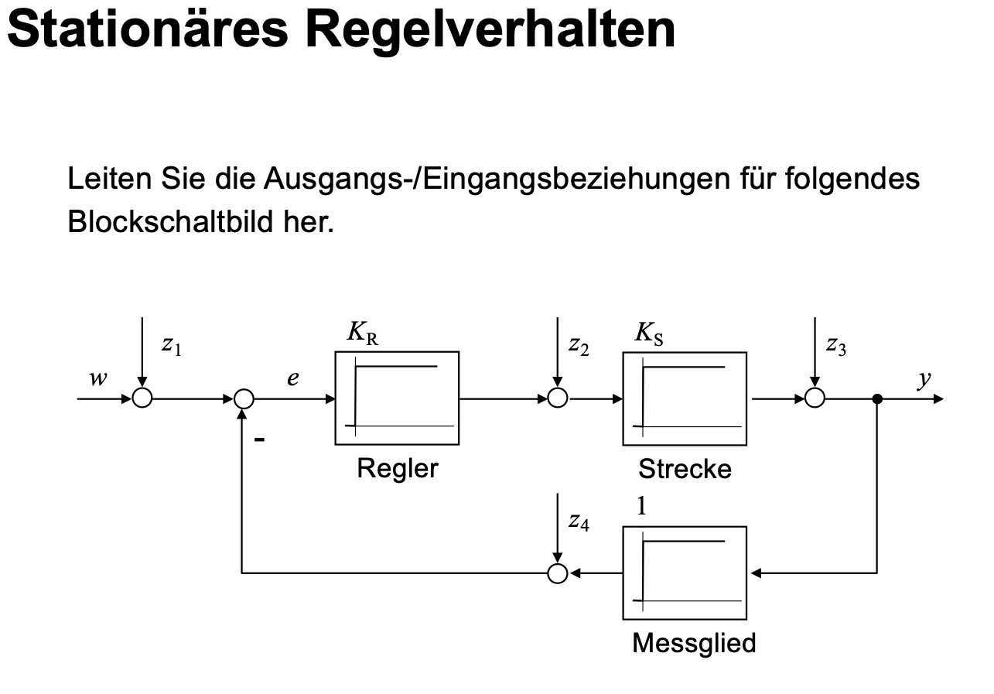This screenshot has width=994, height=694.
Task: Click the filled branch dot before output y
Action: [x=877, y=399]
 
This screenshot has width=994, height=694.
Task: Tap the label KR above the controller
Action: [x=363, y=333]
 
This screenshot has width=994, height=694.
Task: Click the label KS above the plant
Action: [x=649, y=333]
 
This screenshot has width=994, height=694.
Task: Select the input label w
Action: [x=98, y=378]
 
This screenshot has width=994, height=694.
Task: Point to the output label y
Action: [x=924, y=380]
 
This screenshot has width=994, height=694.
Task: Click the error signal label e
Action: [x=293, y=378]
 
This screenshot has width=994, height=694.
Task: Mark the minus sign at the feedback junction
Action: [x=259, y=439]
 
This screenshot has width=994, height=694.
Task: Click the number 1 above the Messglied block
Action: [x=641, y=506]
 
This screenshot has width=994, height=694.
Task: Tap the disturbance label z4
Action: [x=579, y=521]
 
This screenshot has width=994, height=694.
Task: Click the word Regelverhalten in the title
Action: [x=490, y=30]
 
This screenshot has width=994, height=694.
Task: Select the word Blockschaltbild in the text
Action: [x=170, y=221]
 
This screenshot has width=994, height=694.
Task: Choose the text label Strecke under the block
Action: [x=685, y=469]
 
